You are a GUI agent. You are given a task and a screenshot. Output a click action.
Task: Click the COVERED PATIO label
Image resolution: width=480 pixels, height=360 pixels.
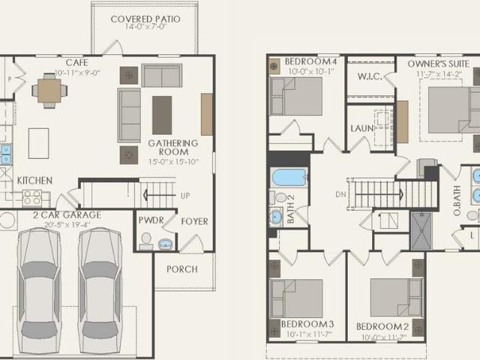pos(145,19)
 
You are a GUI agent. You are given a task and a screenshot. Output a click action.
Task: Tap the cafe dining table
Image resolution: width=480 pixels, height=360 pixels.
pos(49,91)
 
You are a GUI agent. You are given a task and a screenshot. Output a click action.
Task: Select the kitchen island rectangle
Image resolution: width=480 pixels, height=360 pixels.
pos(38,143)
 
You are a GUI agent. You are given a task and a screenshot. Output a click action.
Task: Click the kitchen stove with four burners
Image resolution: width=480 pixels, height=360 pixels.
pos(32,197)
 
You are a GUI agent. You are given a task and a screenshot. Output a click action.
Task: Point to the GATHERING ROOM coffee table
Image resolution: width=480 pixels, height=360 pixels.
pos(162,115)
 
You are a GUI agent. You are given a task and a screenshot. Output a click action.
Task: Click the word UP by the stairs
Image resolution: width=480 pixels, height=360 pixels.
pos(185,196)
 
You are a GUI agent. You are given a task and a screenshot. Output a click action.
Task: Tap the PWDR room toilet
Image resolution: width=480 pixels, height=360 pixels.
pos(146,241)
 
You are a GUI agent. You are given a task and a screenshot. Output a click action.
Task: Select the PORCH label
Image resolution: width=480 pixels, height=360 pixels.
pos(182,269)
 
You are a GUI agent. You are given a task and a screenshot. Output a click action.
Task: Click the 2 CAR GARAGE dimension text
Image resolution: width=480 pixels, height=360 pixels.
pos(67,225)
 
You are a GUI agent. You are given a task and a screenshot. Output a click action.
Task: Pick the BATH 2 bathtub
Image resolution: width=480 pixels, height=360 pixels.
pos(289,177)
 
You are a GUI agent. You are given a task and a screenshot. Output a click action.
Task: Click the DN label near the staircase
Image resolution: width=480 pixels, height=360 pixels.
pos(340,195)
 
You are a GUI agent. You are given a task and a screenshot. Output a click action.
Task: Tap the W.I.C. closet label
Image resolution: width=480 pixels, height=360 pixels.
pos(370,76)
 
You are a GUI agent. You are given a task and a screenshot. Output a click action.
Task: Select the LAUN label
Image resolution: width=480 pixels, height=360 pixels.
pos(361,128)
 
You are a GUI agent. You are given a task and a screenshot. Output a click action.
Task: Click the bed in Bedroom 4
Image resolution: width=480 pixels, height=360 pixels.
pos(295,97)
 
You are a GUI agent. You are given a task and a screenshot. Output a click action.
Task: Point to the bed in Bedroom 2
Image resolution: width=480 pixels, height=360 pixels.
pos(396,298)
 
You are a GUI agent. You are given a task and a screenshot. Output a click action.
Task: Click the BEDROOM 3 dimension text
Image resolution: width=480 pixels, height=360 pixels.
pos(309,334)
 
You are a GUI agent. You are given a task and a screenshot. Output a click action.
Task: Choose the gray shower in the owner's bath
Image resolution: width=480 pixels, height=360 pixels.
pos(421,231)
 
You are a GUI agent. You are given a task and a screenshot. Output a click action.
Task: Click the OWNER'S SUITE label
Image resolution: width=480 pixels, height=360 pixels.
pos(438,64)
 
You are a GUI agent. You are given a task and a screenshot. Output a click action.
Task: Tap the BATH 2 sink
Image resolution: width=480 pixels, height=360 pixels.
pos(276,217)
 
